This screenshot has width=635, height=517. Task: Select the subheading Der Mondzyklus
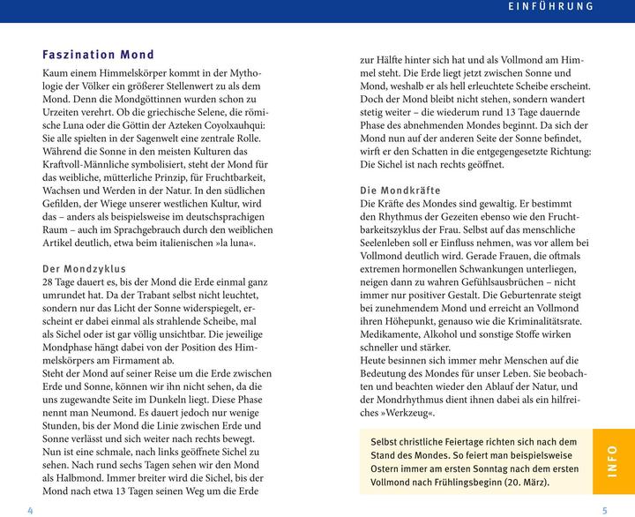click(x=85, y=268)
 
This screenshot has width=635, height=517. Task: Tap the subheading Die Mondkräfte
click(x=401, y=191)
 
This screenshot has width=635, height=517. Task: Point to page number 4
click(x=30, y=510)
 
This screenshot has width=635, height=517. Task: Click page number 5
click(x=605, y=510)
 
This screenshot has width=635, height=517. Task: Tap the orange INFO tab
click(x=611, y=462)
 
